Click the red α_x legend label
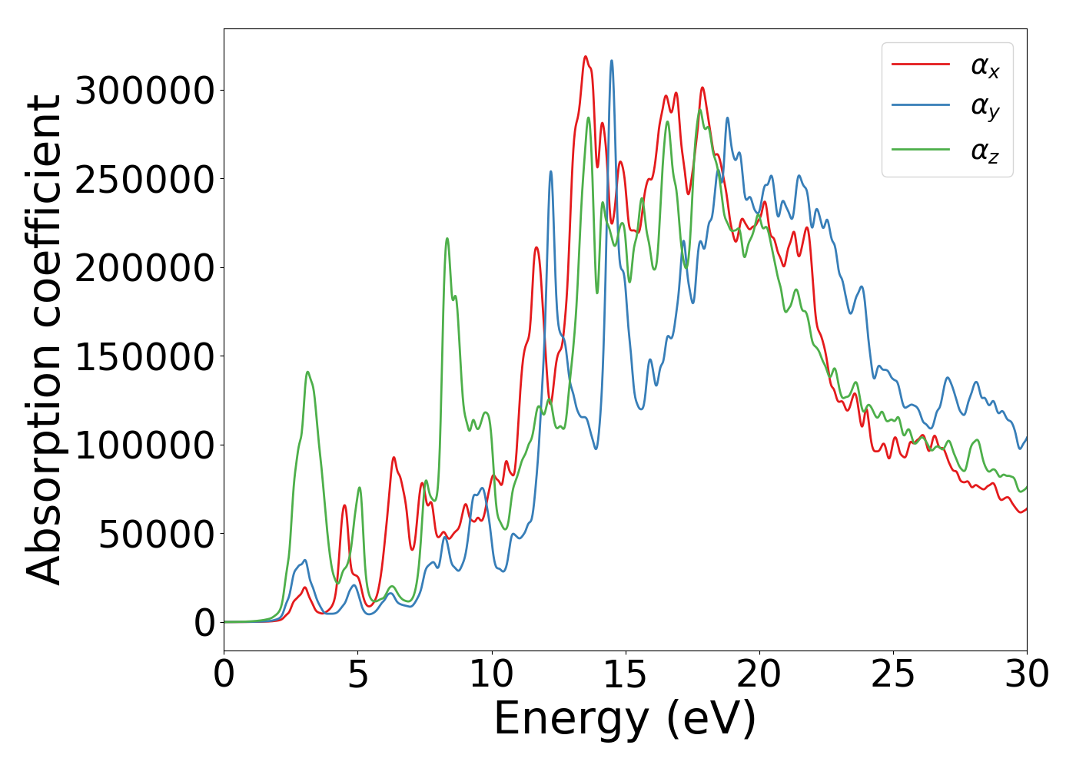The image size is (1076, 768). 985,67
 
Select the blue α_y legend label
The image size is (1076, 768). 985,108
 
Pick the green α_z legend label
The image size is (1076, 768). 985,151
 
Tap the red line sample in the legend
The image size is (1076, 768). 921,65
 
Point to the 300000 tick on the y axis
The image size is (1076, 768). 144,91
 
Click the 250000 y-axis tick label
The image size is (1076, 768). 144,180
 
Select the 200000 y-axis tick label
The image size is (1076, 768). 144,268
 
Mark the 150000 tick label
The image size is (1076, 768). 144,357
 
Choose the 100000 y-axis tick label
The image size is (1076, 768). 144,445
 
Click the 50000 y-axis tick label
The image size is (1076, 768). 156,535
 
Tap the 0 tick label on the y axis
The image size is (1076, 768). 205,623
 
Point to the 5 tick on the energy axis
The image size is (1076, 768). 358,674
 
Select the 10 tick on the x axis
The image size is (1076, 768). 492,674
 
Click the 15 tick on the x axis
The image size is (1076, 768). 626,674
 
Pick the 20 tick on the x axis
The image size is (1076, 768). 759,674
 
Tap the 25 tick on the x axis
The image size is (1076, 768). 893,674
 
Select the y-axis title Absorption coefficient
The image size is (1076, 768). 45,339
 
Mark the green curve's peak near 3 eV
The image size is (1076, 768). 307,372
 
